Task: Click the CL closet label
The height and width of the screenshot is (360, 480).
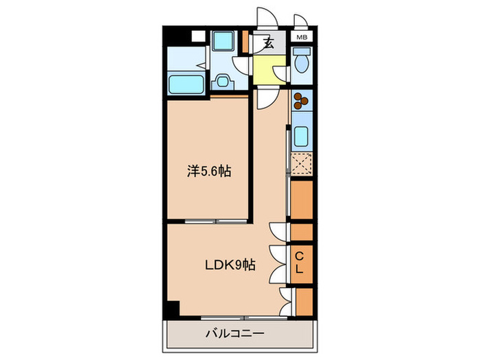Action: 300,263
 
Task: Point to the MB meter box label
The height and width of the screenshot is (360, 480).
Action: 302,37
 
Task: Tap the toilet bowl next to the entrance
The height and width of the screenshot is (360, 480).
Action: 302,66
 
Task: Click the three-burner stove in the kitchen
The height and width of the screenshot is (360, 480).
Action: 302,101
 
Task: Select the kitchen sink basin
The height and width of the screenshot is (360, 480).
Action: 302,136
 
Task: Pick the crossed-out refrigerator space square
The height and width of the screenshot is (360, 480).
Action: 302,165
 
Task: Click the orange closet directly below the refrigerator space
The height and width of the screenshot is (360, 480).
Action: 302,198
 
